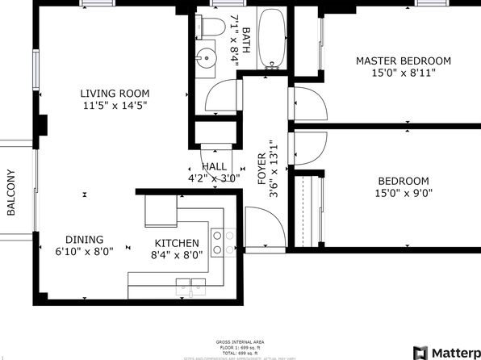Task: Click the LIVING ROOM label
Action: coord(113,92)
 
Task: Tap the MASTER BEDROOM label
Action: coord(404,61)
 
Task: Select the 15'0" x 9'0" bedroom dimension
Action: coord(404,194)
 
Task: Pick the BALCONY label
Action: coord(11,192)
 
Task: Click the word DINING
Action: coord(85,239)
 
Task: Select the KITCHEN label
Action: coord(177,243)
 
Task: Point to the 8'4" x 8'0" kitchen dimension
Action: coord(177,255)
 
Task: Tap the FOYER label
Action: coord(261,170)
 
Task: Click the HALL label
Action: coord(214,166)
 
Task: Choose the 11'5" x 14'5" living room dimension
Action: coord(114,105)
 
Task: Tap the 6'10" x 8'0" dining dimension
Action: coord(85,251)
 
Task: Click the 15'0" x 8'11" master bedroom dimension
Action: coord(404,73)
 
